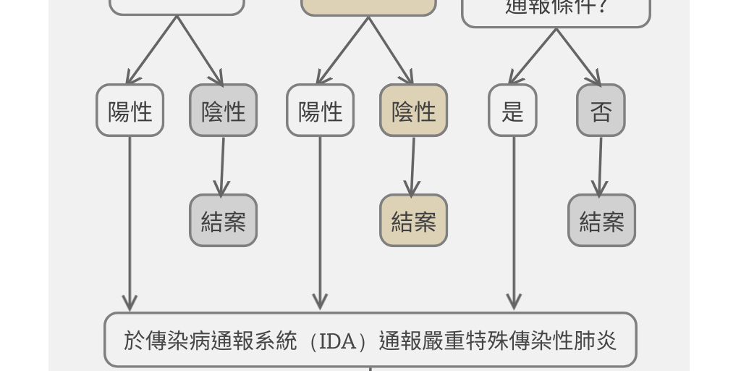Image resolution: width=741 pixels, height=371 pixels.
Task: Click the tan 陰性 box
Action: tap(414, 110)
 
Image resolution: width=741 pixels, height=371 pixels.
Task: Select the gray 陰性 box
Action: tap(223, 110)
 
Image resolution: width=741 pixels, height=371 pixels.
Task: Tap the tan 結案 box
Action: tap(414, 220)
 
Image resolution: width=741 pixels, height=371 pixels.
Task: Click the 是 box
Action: tap(512, 110)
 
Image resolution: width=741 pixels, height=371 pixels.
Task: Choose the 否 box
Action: tap(601, 110)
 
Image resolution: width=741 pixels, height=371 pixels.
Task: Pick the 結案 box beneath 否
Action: tap(601, 220)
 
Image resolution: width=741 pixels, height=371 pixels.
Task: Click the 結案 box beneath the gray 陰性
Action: tap(223, 220)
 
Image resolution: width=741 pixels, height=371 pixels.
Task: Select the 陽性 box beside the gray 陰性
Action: tap(130, 110)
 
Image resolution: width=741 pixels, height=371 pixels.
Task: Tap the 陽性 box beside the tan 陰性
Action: tap(321, 110)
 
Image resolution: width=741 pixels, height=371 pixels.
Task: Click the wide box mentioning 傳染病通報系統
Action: tap(370, 340)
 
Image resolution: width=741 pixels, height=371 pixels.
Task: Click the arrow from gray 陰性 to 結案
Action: tap(222, 165)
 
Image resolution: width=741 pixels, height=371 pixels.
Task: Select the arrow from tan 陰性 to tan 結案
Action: tap(412, 165)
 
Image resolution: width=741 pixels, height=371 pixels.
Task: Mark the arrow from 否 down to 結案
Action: tap(600, 165)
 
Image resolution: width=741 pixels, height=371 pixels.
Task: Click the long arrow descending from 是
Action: tap(514, 225)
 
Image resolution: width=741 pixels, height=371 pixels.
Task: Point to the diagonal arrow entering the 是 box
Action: tap(534, 57)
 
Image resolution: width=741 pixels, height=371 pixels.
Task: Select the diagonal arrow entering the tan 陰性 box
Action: tap(390, 51)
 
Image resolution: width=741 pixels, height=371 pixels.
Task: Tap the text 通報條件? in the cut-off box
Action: tap(556, 7)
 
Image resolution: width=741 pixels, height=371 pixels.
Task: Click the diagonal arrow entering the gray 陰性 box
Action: tap(200, 51)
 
